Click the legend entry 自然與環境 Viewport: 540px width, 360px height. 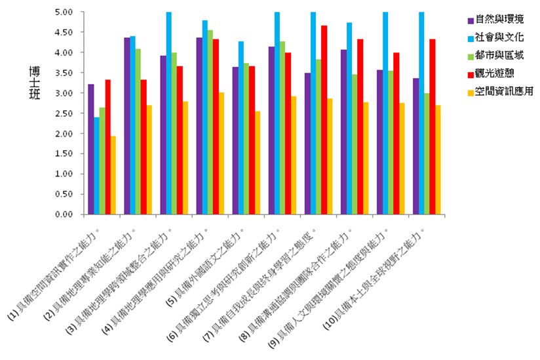[499, 19]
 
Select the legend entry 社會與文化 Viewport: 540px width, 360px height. [499, 37]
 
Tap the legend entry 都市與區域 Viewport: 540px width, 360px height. [499, 55]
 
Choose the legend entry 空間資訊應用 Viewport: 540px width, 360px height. [503, 91]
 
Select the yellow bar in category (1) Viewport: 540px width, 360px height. [113, 174]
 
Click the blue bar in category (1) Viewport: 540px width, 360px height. [97, 165]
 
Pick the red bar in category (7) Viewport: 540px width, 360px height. [322, 119]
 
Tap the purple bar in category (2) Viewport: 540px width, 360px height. [126, 125]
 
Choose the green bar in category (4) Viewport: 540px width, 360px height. [209, 122]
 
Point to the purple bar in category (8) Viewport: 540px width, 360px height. [344, 131]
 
